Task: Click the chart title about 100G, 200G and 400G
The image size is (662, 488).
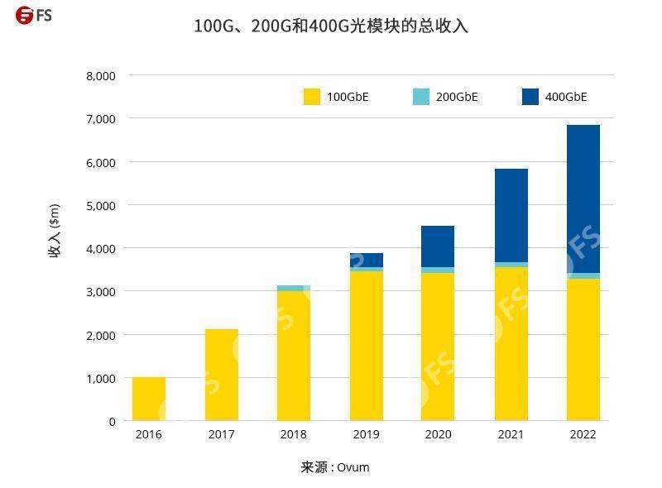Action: click(x=331, y=26)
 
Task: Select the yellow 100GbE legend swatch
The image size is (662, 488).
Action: click(x=312, y=97)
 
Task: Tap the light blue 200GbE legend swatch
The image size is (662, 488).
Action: click(x=421, y=97)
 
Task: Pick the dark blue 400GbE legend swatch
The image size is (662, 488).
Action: click(x=530, y=97)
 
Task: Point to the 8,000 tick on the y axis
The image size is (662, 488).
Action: click(x=100, y=75)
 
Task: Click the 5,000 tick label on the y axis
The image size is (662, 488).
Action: click(x=100, y=205)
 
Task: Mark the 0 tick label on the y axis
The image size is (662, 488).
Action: click(x=112, y=422)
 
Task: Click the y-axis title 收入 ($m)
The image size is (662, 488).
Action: click(x=55, y=231)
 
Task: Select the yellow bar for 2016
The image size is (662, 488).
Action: click(x=149, y=399)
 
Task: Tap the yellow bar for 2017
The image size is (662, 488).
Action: click(x=221, y=376)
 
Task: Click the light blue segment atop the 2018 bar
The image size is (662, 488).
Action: click(x=294, y=288)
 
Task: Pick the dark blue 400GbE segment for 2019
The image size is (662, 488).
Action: click(x=366, y=260)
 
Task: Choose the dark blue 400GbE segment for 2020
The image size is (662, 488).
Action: click(x=438, y=246)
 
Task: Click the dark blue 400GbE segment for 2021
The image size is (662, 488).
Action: click(x=511, y=215)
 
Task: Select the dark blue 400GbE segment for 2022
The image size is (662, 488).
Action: click(x=583, y=199)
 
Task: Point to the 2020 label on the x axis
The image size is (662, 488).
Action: click(x=438, y=435)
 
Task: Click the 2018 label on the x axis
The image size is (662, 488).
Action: click(x=294, y=435)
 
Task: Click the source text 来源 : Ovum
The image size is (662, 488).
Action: click(x=334, y=467)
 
